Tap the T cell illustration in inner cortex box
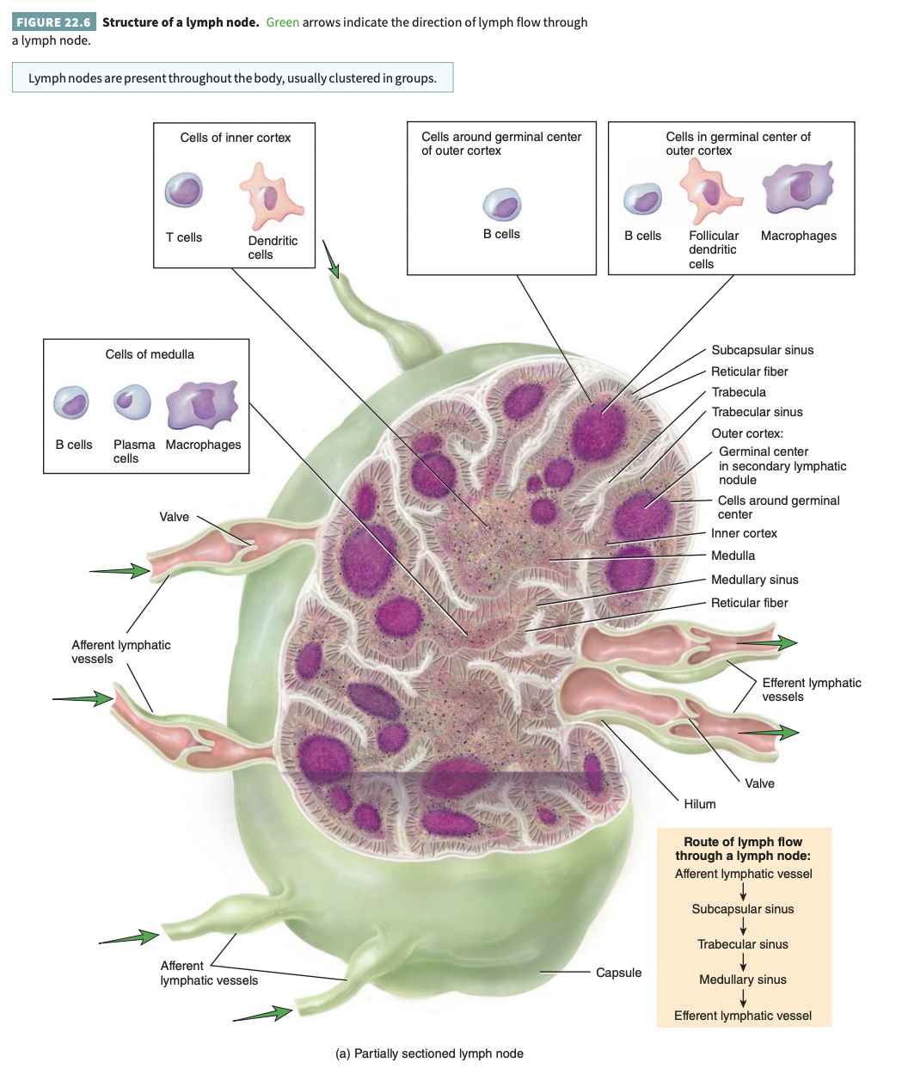point(183,190)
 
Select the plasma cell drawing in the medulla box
point(132,402)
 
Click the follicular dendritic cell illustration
point(710,191)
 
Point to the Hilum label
point(699,804)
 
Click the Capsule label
point(618,973)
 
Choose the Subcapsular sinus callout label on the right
point(762,350)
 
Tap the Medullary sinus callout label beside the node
point(754,580)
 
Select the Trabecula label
point(738,392)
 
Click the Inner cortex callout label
point(744,533)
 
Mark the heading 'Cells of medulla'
point(150,354)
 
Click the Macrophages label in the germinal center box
point(798,236)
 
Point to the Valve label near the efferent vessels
point(759,783)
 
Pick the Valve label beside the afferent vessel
point(174,517)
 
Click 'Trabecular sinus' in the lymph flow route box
point(743,944)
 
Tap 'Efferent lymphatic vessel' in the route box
point(743,1016)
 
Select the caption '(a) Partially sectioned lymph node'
point(429,1053)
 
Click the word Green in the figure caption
point(283,22)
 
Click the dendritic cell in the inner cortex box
point(271,197)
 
